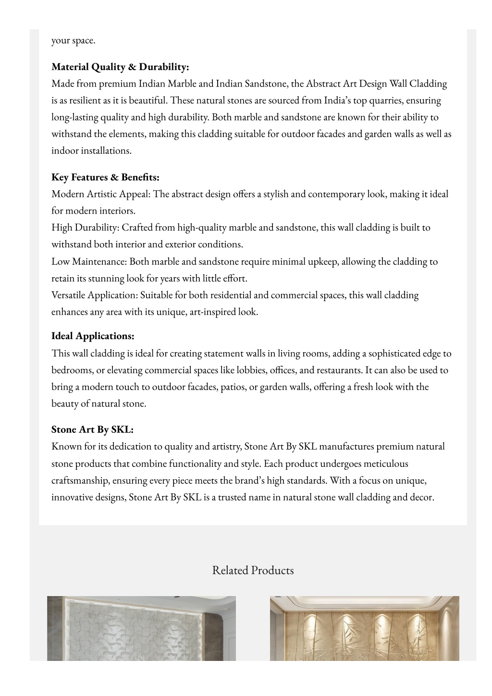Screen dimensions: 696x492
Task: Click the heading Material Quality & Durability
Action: click(x=120, y=67)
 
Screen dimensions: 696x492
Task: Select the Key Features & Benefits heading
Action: click(x=105, y=177)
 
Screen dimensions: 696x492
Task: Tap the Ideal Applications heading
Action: click(x=93, y=336)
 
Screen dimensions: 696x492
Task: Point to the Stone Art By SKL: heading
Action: click(x=92, y=429)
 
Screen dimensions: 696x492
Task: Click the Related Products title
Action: click(x=253, y=570)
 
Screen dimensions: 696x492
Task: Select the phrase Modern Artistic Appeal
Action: click(x=101, y=194)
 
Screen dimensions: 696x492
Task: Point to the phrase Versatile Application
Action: click(x=94, y=295)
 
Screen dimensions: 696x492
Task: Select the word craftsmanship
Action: click(x=80, y=480)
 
